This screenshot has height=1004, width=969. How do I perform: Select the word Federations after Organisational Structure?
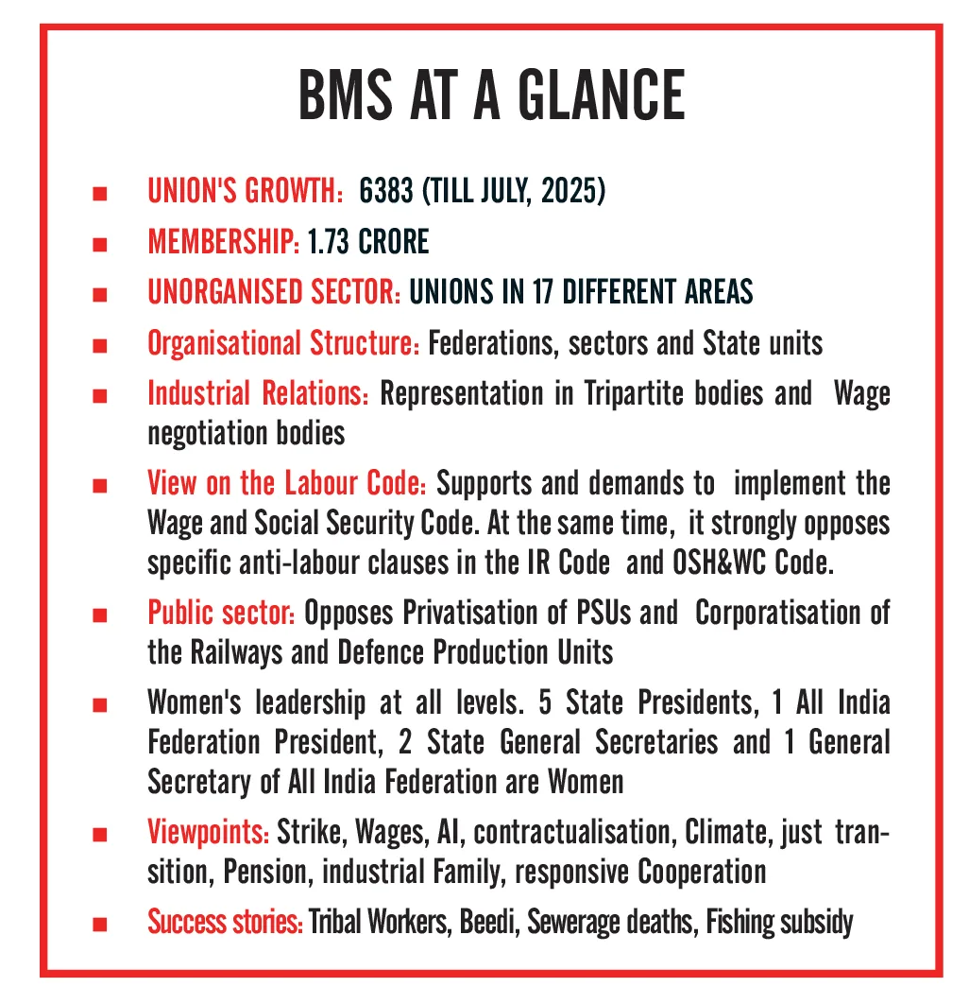pyautogui.click(x=490, y=342)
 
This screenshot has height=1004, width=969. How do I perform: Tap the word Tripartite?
pyautogui.click(x=635, y=393)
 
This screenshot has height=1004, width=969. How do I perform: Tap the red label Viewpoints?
pyautogui.click(x=209, y=834)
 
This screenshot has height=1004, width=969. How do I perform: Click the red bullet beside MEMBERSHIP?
pyautogui.click(x=98, y=244)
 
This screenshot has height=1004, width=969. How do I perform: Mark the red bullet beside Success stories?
pyautogui.click(x=98, y=923)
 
